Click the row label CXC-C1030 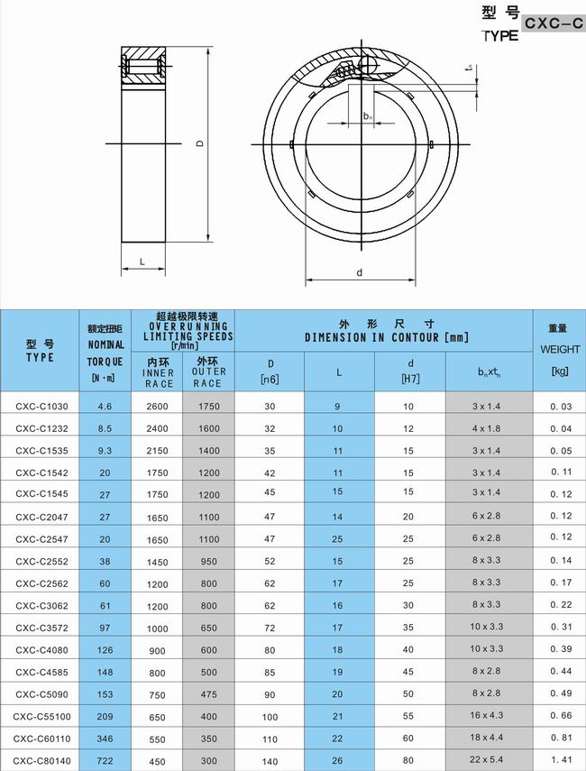pos(41,407)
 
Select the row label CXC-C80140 pos(41,760)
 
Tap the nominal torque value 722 pos(105,760)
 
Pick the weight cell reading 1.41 pos(561,760)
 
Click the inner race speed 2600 pos(158,407)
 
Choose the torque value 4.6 pos(105,407)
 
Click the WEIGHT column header pos(560,348)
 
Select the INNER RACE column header pos(158,372)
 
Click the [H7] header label pos(409,380)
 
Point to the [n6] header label pos(270,380)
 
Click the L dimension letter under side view pos(142,262)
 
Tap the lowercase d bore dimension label pos(359,272)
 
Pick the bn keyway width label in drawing pos(367,116)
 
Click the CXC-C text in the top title pos(554,24)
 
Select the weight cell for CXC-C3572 pos(561,628)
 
